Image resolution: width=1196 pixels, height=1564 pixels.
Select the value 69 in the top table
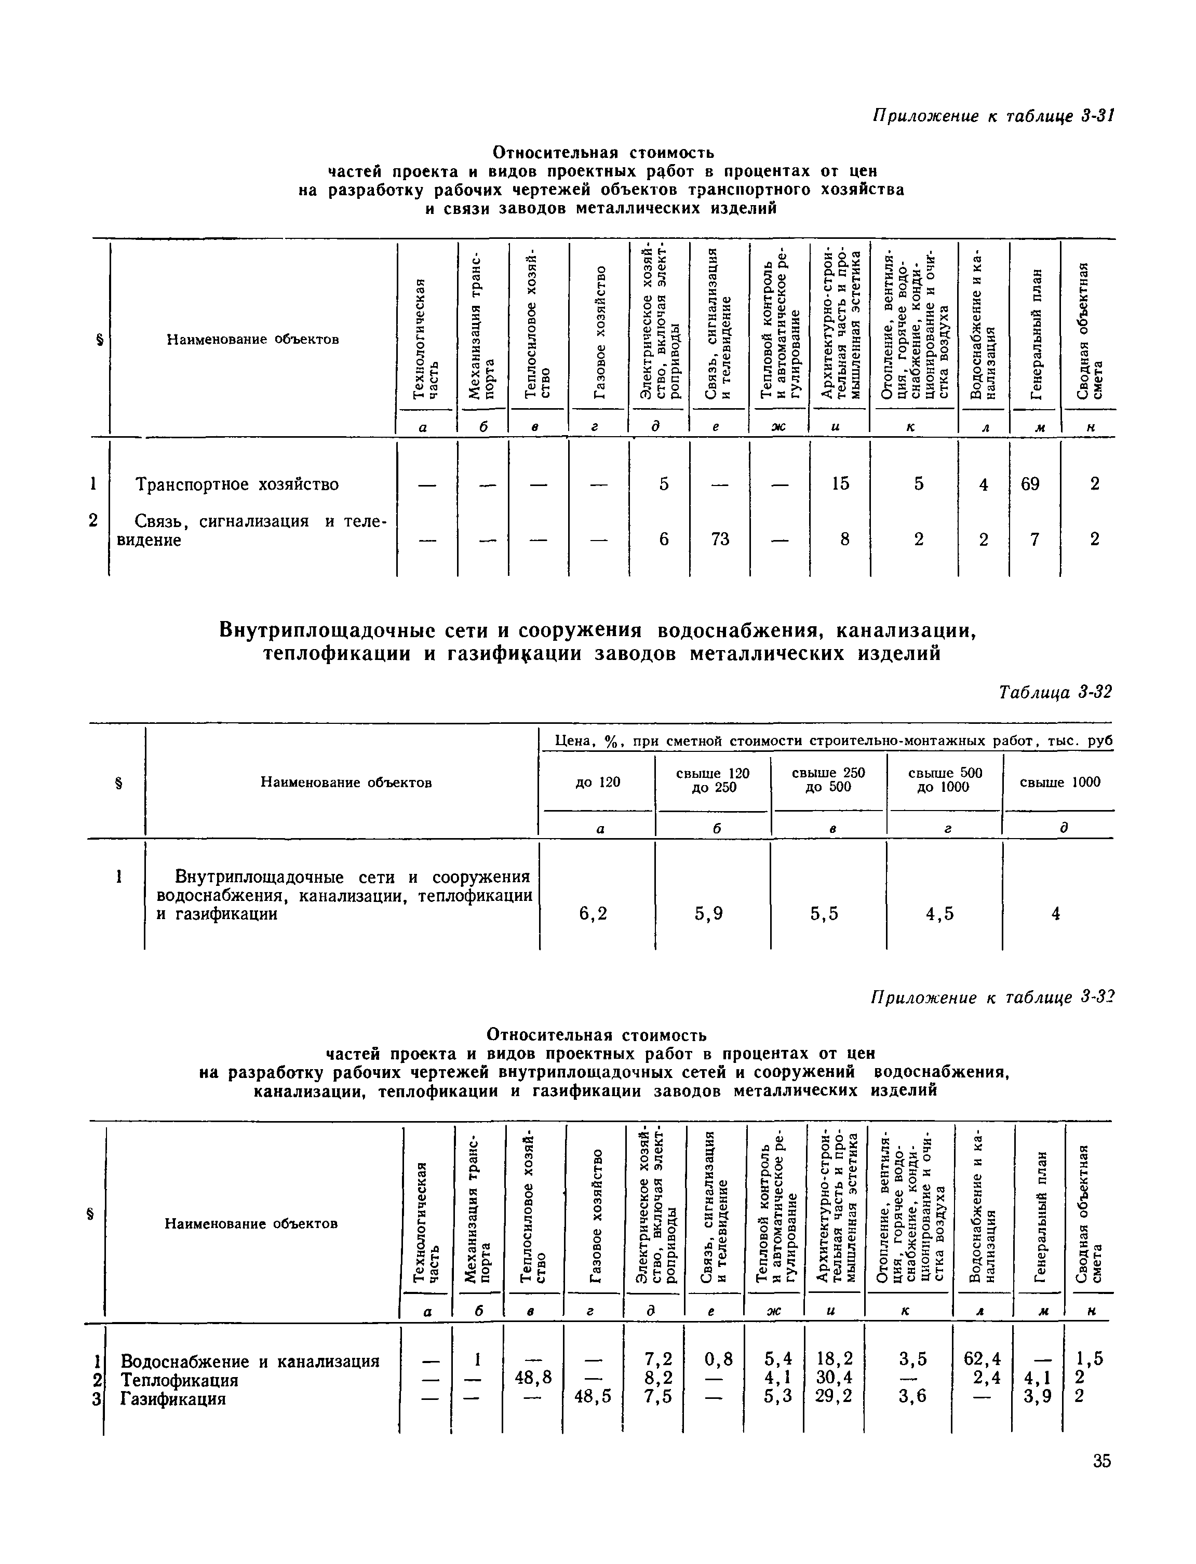click(1030, 484)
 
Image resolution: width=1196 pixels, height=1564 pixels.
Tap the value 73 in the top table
click(720, 539)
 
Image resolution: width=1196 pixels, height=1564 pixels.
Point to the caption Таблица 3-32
click(1055, 692)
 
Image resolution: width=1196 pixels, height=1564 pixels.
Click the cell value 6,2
click(593, 913)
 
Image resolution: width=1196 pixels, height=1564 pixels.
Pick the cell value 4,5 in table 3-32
click(940, 913)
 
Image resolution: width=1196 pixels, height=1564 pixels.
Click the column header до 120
click(598, 783)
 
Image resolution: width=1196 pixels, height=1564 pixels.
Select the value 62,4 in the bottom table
click(982, 1359)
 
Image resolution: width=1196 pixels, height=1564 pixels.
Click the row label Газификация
click(172, 1399)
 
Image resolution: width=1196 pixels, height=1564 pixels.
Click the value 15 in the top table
click(840, 484)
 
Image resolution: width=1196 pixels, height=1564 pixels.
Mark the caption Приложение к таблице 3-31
click(992, 116)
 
